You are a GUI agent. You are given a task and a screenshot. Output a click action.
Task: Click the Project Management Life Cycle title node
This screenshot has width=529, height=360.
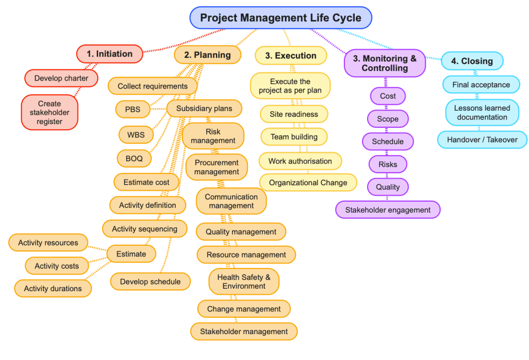pyautogui.click(x=281, y=18)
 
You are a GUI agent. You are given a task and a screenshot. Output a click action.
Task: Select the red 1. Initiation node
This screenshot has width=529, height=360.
pyautogui.click(x=110, y=54)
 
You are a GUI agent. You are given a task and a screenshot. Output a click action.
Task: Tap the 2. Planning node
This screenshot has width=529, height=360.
pyautogui.click(x=207, y=55)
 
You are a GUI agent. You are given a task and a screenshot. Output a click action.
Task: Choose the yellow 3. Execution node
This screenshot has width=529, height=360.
pyautogui.click(x=291, y=55)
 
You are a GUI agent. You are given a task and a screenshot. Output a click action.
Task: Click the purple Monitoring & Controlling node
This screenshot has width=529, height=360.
pyautogui.click(x=385, y=63)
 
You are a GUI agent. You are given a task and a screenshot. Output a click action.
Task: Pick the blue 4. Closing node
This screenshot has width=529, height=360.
pyautogui.click(x=472, y=61)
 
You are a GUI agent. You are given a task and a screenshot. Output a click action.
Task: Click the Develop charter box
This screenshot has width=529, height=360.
pyautogui.click(x=62, y=78)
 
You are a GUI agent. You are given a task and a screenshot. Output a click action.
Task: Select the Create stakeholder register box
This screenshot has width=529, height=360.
pyautogui.click(x=50, y=112)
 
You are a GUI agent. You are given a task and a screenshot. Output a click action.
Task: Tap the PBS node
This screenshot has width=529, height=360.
pyautogui.click(x=132, y=109)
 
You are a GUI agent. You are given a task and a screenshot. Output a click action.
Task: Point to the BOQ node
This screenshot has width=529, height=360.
pyautogui.click(x=134, y=158)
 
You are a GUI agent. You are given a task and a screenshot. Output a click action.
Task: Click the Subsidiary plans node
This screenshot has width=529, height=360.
pyautogui.click(x=204, y=109)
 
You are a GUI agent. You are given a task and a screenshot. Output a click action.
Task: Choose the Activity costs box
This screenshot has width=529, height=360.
pyautogui.click(x=57, y=266)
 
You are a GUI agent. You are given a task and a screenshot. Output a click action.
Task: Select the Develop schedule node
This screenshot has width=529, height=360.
pyautogui.click(x=150, y=281)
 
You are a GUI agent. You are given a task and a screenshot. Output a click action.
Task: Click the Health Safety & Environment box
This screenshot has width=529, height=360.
pyautogui.click(x=244, y=281)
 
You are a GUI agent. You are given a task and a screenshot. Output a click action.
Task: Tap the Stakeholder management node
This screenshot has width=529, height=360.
pyautogui.click(x=244, y=331)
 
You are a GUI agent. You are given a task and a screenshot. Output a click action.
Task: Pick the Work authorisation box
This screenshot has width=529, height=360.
pyautogui.click(x=300, y=161)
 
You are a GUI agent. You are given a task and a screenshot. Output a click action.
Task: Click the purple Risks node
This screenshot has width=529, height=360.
pyautogui.click(x=388, y=164)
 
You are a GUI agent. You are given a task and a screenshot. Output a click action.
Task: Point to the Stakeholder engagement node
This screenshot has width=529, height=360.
pyautogui.click(x=388, y=210)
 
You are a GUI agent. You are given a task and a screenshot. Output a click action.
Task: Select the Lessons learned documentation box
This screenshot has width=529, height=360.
pyautogui.click(x=482, y=112)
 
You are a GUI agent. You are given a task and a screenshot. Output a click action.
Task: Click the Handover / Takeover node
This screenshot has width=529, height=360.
pyautogui.click(x=482, y=140)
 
